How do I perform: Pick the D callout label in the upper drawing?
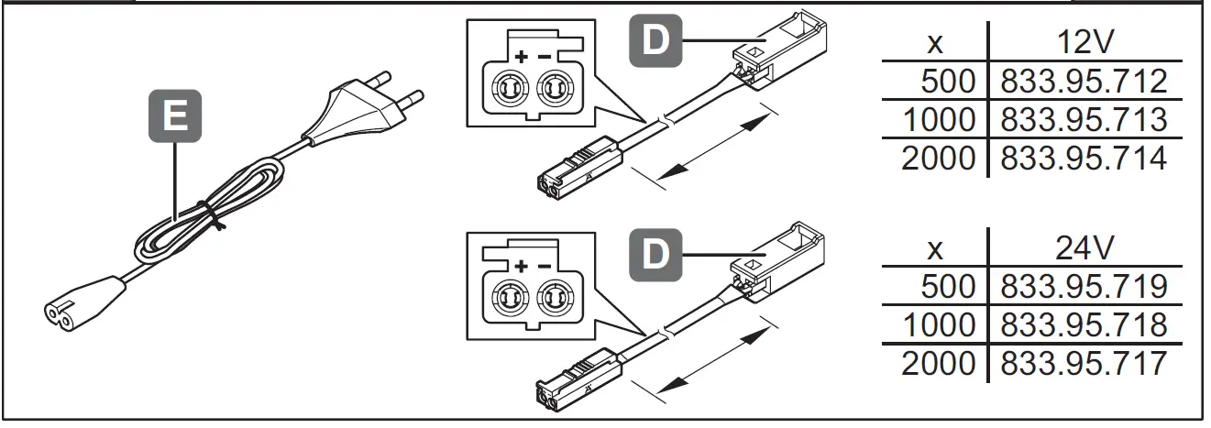coord(654,42)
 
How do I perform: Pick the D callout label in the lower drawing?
coord(654,253)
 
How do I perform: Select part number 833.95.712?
coord(1084,82)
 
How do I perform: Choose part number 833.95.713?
coord(1084,120)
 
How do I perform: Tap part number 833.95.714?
coord(1084,159)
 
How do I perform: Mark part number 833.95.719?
coord(1084,287)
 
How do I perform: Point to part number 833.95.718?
coord(1084,325)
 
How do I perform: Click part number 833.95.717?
coord(1084,364)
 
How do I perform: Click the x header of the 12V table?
coord(935,44)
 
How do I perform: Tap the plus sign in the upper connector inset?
coord(521,57)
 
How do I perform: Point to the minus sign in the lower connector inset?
coord(545,267)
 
